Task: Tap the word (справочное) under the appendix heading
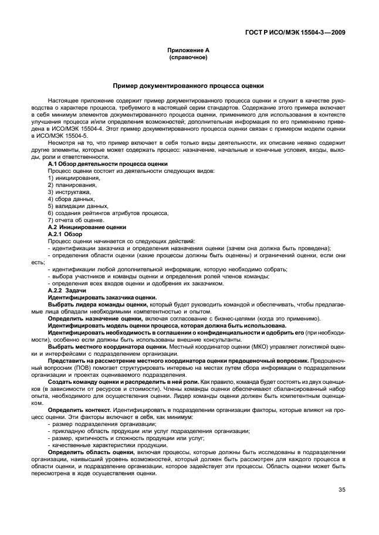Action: (189, 59)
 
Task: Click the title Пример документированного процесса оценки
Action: (189, 86)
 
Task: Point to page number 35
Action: (341, 490)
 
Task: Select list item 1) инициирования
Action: (69, 178)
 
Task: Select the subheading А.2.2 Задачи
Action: (67, 290)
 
